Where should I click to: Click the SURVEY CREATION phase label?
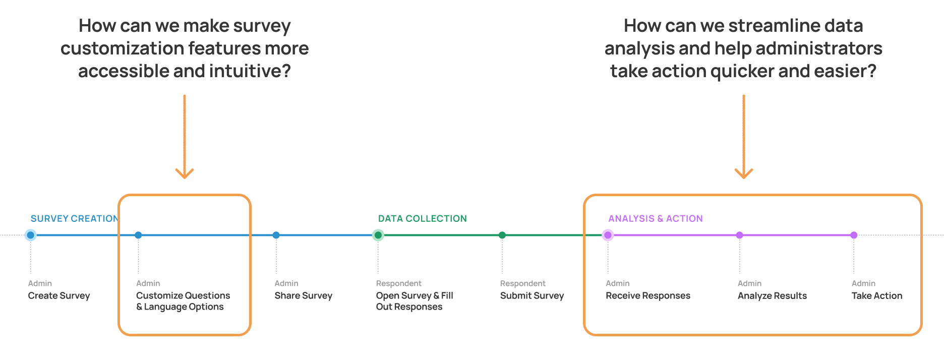pos(74,218)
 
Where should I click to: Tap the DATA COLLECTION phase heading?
pos(423,218)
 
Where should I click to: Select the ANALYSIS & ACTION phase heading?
pos(656,218)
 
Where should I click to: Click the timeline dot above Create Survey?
pos(31,235)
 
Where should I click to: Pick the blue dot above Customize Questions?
pos(138,235)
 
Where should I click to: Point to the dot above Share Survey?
pos(276,235)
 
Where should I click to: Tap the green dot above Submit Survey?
pos(502,235)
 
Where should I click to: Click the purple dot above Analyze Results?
pos(740,235)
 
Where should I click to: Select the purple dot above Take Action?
pos(854,235)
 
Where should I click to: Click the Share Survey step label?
pos(304,296)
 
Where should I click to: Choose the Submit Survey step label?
pos(532,296)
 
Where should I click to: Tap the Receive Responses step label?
pos(648,296)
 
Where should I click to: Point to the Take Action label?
pos(877,296)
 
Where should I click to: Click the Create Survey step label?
pos(59,296)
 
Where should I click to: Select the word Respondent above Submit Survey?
pos(523,283)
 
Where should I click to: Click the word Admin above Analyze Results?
pos(750,283)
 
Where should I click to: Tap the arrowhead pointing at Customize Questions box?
pos(185,173)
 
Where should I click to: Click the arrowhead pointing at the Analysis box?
pos(744,173)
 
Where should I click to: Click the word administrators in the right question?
pos(819,48)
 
